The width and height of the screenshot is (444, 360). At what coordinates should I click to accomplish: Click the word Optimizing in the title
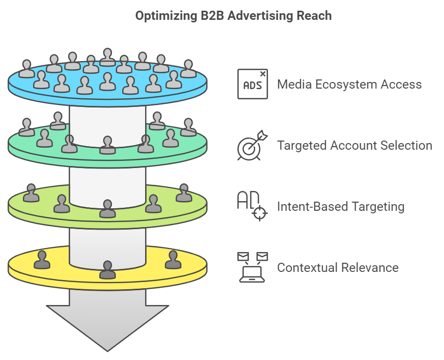(x=166, y=16)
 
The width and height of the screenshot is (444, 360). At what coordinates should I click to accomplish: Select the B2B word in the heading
(x=213, y=16)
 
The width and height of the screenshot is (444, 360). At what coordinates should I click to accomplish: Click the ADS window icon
(x=253, y=84)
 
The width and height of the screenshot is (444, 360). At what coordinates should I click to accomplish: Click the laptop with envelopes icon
(x=253, y=267)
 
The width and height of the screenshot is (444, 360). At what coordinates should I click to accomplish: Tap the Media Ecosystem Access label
(x=349, y=85)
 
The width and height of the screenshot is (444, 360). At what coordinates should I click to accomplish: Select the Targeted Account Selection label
(x=354, y=145)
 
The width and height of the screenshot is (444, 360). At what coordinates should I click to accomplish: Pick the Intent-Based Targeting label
(x=341, y=207)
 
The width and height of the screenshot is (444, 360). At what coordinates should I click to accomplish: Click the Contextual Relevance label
(x=338, y=268)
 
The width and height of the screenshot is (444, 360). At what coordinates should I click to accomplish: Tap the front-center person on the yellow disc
(x=107, y=270)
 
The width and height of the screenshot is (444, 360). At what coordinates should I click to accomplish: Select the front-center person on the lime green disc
(x=107, y=209)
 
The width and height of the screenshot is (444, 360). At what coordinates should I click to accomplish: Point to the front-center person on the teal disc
(x=107, y=145)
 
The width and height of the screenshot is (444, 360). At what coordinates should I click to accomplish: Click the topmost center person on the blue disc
(x=107, y=57)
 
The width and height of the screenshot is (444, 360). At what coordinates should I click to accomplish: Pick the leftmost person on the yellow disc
(x=42, y=260)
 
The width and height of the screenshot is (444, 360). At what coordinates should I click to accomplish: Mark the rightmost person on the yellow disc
(x=173, y=260)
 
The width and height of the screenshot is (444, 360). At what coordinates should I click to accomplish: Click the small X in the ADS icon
(x=263, y=74)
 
